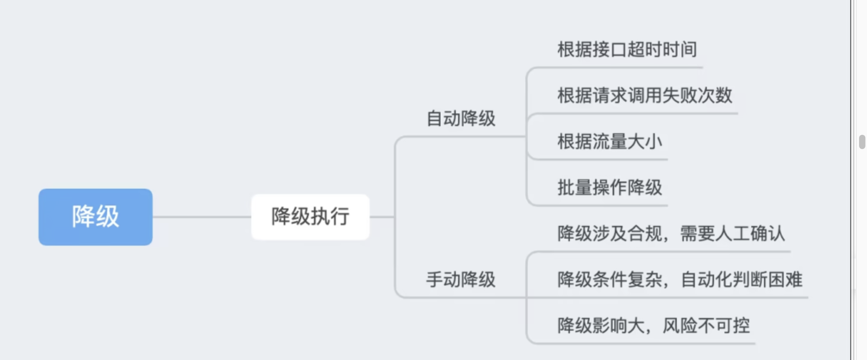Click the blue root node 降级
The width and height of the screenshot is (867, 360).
click(95, 217)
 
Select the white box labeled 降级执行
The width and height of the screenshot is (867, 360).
click(310, 216)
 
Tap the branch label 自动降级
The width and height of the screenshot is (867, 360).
click(460, 119)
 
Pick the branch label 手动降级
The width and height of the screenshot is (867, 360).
click(460, 280)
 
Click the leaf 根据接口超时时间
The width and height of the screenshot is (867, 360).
click(627, 50)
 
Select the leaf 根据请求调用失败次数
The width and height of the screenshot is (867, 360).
click(644, 96)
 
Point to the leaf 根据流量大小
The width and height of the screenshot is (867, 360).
click(609, 142)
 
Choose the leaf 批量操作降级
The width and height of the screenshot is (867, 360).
click(609, 188)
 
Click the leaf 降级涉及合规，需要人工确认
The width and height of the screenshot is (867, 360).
click(671, 234)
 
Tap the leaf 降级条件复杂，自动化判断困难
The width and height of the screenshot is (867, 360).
click(680, 280)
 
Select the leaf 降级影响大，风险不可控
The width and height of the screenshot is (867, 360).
click(653, 326)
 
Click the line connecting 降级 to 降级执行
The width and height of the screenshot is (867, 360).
click(202, 217)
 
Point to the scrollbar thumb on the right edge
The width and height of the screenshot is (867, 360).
click(862, 142)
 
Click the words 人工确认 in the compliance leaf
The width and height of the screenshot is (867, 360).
click(750, 234)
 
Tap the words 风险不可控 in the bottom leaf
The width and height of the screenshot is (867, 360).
click(706, 326)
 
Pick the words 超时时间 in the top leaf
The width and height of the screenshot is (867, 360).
click(662, 50)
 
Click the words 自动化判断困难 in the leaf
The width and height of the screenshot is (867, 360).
click(741, 280)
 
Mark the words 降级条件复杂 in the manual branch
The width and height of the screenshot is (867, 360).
click(609, 280)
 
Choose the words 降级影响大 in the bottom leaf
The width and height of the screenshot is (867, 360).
click(601, 326)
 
